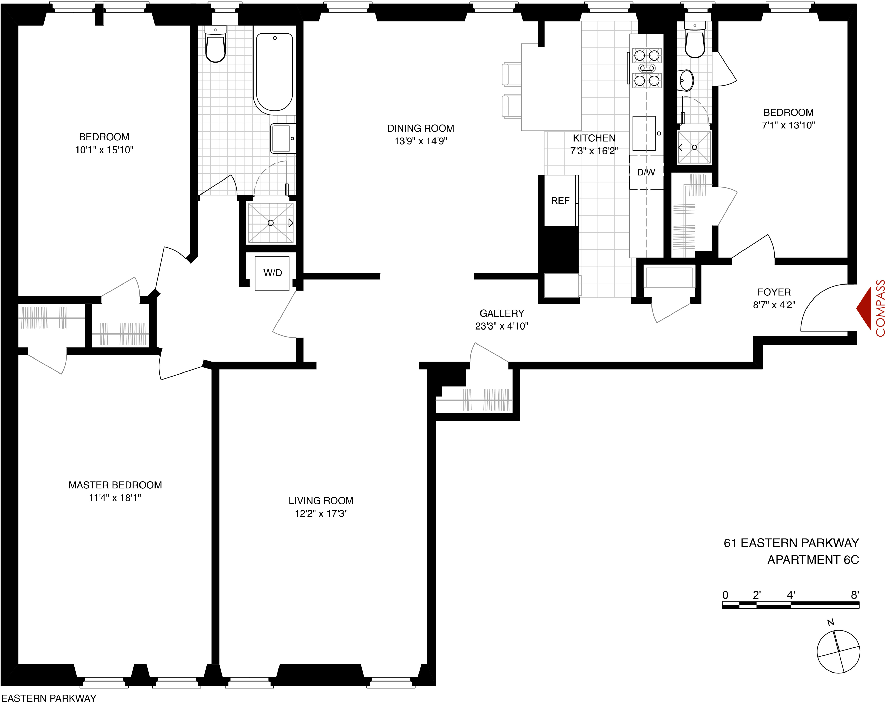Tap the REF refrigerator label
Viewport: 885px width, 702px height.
[x=560, y=201]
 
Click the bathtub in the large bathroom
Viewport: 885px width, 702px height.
[x=274, y=72]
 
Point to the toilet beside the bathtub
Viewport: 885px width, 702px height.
[x=215, y=44]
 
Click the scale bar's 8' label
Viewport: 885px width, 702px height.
[x=855, y=595]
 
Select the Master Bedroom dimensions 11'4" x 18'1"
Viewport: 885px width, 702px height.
[x=115, y=498]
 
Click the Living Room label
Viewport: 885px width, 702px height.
[x=321, y=501]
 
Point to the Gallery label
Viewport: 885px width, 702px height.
[x=502, y=313]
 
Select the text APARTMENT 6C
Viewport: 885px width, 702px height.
[x=813, y=560]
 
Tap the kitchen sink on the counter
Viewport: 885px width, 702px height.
[x=644, y=133]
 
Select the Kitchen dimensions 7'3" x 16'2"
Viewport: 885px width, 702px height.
[x=594, y=151]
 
